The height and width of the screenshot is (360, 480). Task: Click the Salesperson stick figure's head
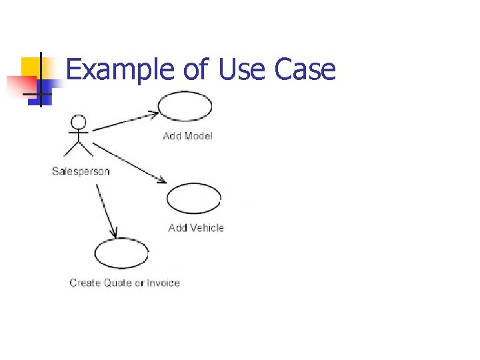pos(79,123)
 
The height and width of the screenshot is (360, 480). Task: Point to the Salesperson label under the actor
pos(81,171)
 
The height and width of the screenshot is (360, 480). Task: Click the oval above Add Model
pos(185,106)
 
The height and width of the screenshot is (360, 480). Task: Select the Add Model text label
pos(187,136)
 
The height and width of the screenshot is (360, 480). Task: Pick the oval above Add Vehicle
pos(193,198)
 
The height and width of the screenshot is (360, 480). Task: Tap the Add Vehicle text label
pos(196,228)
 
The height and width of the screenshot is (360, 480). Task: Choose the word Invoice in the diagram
pos(163,283)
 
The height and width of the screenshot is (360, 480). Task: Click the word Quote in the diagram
pos(117,283)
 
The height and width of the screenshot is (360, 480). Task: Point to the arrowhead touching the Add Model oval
pos(154,113)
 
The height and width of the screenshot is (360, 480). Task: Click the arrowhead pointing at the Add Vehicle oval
pos(162,180)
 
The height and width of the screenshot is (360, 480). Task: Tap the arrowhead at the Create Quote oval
pos(115,234)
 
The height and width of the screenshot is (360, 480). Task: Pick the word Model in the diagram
pos(198,136)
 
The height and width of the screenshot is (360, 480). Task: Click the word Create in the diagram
pos(85,283)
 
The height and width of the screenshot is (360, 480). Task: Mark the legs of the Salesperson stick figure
pos(79,148)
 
